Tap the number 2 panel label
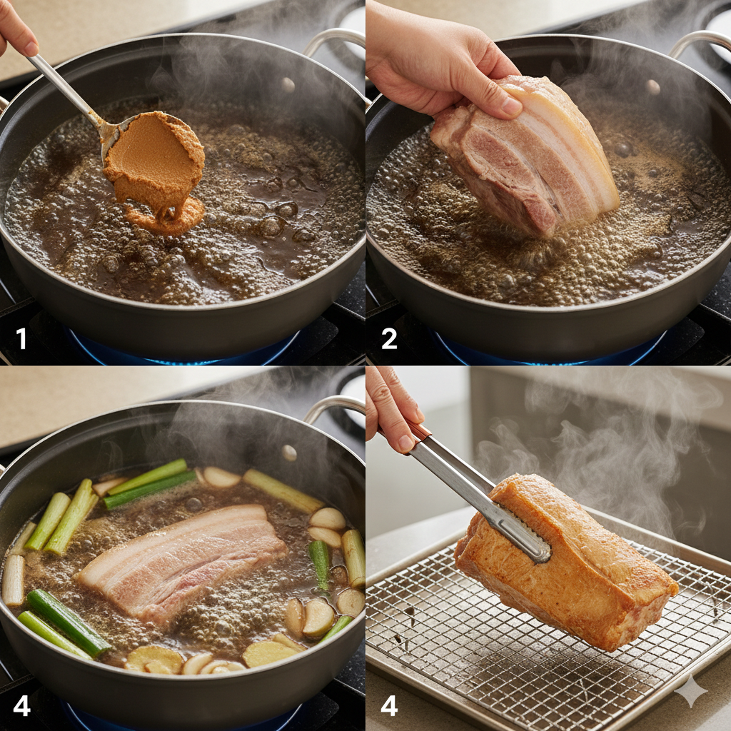389,338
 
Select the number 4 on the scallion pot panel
21,705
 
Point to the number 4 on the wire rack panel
389,705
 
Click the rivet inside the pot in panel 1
288,84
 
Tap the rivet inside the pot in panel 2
652,86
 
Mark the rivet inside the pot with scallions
289,452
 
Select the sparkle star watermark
691,691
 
